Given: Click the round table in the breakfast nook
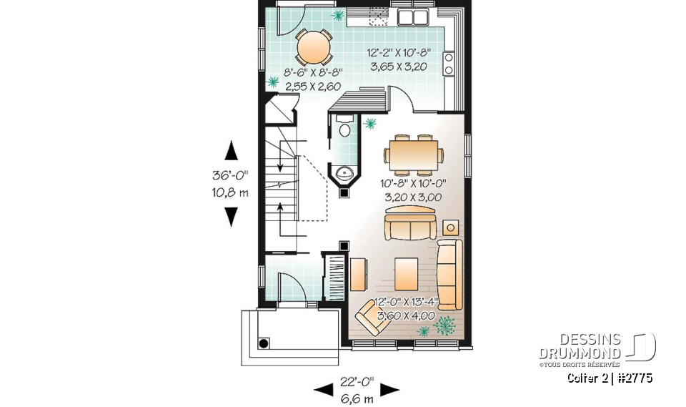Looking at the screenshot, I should click(314, 48).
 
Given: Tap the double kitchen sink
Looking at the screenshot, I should click(413, 18).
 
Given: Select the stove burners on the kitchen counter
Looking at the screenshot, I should click(449, 63).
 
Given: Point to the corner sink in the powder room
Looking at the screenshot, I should click(344, 172).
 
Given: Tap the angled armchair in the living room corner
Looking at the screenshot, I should click(372, 317).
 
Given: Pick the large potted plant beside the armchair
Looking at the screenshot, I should click(447, 325).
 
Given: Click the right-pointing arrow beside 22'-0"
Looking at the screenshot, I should click(389, 390).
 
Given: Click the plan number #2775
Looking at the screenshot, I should click(632, 378).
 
